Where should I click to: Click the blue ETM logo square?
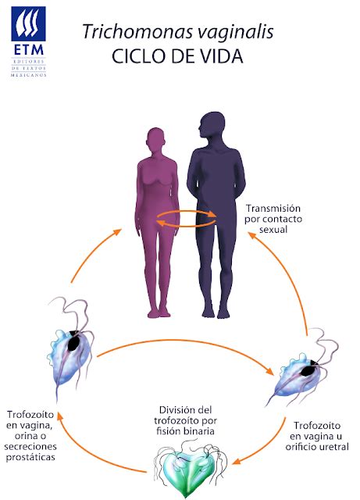click(28, 24)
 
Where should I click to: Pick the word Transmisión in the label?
click(273, 209)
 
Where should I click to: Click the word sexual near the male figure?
click(273, 230)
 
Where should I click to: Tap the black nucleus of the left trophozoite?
click(74, 342)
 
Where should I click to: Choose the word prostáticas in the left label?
click(30, 457)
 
